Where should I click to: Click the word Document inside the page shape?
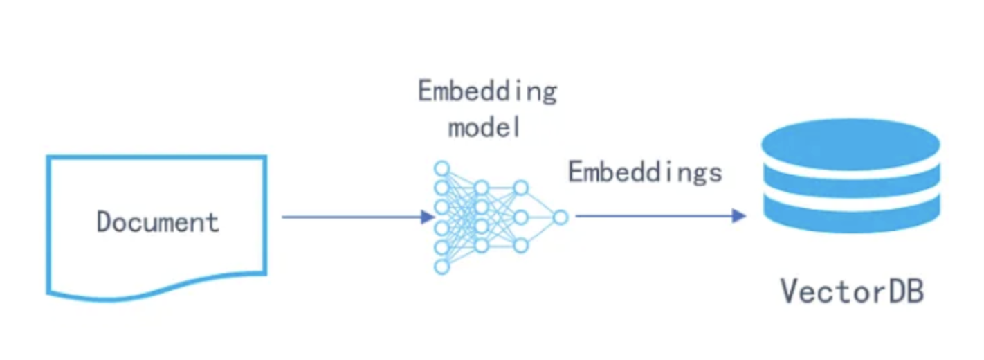point(158,222)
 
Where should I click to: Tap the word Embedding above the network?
point(487,92)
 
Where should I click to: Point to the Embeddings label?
point(645,172)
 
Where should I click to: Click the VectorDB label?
point(852,291)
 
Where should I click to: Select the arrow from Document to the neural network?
point(353,217)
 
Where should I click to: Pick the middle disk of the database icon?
point(850,186)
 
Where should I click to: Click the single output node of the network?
point(561,217)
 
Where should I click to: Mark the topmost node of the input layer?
point(441,168)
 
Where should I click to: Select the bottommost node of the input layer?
point(441,267)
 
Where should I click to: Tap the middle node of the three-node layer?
point(521,217)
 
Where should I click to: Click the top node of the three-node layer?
point(521,188)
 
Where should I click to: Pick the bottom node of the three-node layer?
point(521,246)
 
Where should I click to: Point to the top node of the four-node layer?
point(482,187)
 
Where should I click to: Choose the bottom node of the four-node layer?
point(482,246)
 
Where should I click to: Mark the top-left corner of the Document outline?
point(48,158)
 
